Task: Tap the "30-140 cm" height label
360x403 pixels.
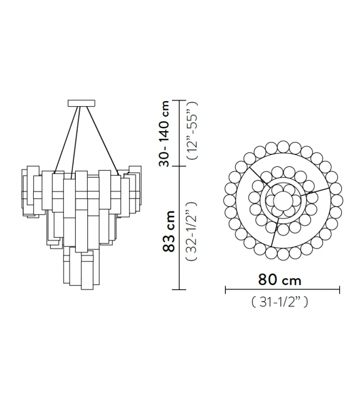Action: coord(164,133)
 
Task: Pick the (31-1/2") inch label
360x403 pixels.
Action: coord(283,302)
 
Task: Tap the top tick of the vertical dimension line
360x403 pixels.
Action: coord(180,100)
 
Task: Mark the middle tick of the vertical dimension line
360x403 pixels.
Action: coord(180,166)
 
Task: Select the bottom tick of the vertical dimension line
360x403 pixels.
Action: coord(180,289)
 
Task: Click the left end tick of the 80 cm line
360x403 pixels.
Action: coord(225,289)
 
